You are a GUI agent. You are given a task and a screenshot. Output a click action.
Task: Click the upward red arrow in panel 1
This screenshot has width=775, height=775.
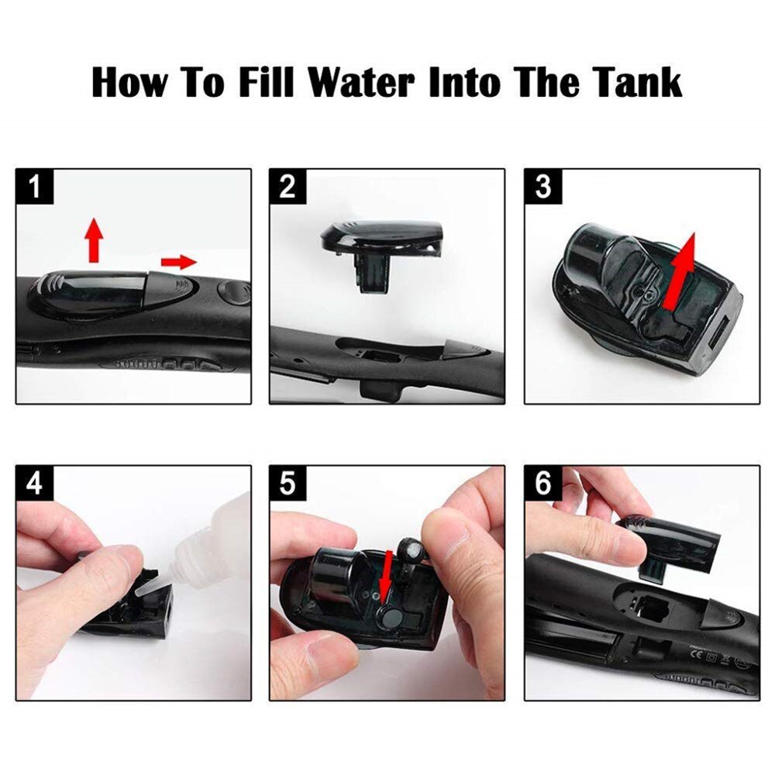94,238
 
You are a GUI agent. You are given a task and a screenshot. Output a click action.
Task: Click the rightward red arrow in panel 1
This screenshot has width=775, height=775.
179,262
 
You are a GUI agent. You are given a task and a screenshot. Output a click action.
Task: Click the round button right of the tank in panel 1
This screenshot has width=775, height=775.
233,293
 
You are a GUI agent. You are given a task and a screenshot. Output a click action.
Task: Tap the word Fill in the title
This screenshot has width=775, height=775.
266,82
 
